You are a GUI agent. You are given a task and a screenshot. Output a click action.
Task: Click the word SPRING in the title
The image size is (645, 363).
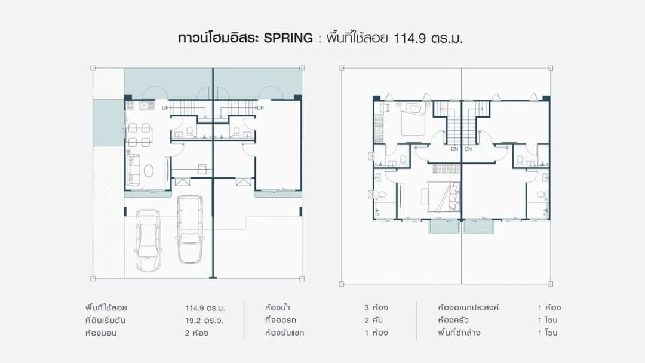tap(288, 38)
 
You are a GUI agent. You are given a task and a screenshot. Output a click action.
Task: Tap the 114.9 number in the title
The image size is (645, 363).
tap(409, 39)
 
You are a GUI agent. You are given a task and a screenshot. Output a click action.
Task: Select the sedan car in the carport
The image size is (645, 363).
tap(148, 240)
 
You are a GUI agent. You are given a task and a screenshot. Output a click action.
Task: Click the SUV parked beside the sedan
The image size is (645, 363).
tap(190, 229)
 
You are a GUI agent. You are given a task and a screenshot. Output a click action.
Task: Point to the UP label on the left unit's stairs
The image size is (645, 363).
tap(165, 107)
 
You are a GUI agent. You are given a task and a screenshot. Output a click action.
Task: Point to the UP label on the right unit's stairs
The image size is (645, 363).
tap(260, 107)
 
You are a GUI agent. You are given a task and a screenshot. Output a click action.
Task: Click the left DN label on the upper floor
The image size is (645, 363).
tap(454, 149)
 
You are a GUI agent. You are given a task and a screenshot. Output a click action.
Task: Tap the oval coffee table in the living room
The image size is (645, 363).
tap(149, 171)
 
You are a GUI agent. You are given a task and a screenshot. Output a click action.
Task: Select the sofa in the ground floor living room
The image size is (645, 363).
tap(134, 170)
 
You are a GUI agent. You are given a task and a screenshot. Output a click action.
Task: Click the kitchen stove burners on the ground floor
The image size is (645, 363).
tap(130, 106)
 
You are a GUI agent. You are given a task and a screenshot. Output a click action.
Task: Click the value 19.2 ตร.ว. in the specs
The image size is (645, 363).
tap(204, 320)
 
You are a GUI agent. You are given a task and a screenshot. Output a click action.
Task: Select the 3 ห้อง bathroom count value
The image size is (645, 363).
tap(376, 307)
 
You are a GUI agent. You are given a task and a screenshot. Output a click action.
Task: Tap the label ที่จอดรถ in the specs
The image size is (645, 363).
tap(281, 320)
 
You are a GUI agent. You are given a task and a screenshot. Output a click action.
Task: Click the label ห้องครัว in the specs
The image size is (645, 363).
tap(453, 320)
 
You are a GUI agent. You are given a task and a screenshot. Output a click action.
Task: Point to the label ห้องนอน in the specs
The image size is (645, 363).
tap(101, 333)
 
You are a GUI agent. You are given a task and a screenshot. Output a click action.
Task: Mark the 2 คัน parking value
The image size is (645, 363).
tap(373, 320)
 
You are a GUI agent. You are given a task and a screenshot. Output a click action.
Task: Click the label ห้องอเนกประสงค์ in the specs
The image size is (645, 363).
tap(468, 307)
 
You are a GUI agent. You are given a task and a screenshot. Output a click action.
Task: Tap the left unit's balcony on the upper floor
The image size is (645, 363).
tap(444, 226)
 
